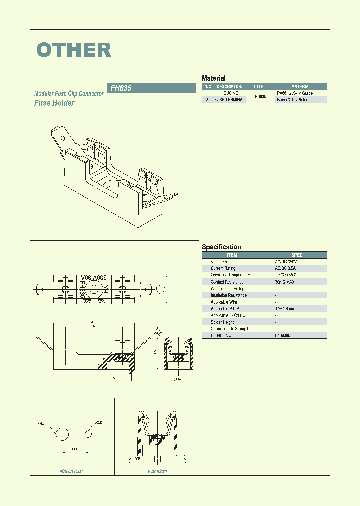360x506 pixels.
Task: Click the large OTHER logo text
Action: [x=74, y=50]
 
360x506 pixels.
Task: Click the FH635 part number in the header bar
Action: [x=121, y=88]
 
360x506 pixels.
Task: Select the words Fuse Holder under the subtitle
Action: [x=54, y=103]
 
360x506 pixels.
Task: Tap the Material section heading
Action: [x=214, y=78]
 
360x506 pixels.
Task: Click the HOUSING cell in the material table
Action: [x=229, y=93]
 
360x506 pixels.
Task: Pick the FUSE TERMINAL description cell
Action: [x=229, y=100]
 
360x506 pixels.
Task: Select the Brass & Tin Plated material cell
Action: [x=293, y=100]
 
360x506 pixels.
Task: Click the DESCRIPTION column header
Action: [x=229, y=87]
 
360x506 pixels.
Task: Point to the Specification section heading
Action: [x=221, y=247]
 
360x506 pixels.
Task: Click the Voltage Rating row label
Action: [x=223, y=262]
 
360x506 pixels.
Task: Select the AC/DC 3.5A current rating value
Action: [x=286, y=268]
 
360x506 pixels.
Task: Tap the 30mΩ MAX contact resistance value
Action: [x=285, y=282]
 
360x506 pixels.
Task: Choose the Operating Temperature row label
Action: [x=230, y=275]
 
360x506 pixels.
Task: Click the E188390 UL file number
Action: [x=283, y=335]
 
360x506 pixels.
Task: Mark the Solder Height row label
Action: [x=222, y=322]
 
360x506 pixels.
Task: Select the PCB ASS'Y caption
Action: [x=157, y=472]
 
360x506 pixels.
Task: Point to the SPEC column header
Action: [x=297, y=255]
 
